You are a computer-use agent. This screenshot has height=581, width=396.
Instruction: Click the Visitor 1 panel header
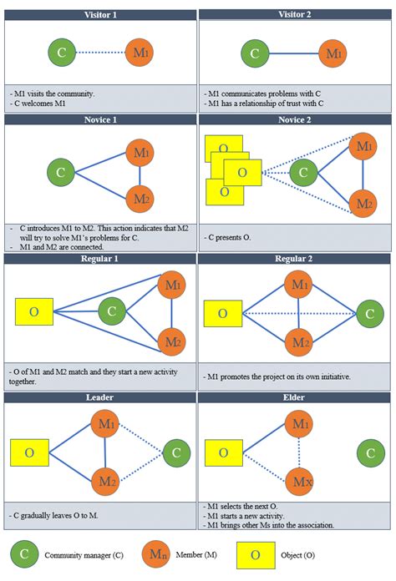(x=100, y=15)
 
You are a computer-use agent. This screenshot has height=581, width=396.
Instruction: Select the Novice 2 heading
(x=295, y=120)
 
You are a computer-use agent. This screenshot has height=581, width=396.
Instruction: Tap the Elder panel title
(x=295, y=399)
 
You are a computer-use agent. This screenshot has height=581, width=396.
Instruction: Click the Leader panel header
(x=100, y=399)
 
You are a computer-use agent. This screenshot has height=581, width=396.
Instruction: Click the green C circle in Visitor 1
(x=61, y=53)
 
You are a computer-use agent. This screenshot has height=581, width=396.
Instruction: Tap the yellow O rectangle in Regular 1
(x=34, y=311)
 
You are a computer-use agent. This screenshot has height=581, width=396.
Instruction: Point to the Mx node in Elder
(x=298, y=482)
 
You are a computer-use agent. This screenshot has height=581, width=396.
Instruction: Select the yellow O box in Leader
(x=29, y=453)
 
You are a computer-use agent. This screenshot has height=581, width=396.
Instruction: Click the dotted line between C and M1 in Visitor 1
(x=99, y=53)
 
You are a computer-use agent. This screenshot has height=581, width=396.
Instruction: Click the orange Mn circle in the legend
(x=154, y=553)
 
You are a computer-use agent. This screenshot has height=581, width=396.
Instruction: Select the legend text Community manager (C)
(x=80, y=554)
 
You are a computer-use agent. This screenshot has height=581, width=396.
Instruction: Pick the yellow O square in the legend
(x=256, y=553)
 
